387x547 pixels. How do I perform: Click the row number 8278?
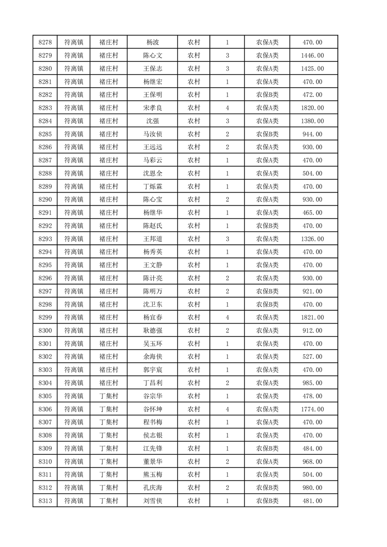coord(45,42)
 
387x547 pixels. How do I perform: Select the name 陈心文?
coord(152,56)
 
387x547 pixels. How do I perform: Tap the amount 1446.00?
coord(312,56)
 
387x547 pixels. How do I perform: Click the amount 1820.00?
coord(312,108)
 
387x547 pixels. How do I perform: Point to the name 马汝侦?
coord(152,134)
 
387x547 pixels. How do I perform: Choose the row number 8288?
coord(45,173)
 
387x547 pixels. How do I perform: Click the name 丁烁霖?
coord(152,186)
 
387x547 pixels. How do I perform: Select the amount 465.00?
coord(312,213)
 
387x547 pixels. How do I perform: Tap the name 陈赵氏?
coord(152,226)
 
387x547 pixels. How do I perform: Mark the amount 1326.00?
coord(312,239)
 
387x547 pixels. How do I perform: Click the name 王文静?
coord(152,265)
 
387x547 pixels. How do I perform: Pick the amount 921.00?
coord(312,291)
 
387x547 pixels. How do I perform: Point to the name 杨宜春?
coord(152,317)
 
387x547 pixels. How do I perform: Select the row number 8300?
coord(45,331)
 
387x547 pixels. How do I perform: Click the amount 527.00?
coord(312,356)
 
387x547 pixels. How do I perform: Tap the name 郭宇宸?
coord(152,370)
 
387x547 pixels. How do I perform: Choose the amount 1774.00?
coord(312,409)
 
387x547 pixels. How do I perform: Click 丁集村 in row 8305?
coord(109,396)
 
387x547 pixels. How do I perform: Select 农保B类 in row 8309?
coord(267,448)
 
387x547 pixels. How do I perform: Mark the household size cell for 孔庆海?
coord(227,488)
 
